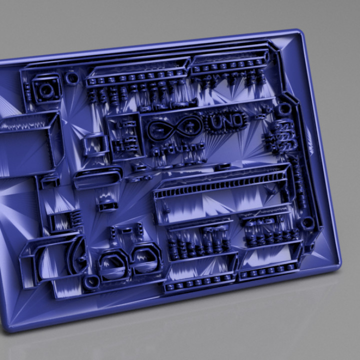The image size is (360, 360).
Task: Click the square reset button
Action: pyautogui.click(x=46, y=90)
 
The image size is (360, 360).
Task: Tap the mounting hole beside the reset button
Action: pyautogui.click(x=72, y=77)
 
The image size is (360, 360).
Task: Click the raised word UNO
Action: pyautogui.click(x=227, y=120)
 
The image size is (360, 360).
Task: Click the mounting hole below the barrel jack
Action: pyautogui.click(x=91, y=283)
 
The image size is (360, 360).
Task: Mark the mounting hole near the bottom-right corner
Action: pyautogui.click(x=308, y=222)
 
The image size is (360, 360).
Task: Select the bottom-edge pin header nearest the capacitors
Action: pyautogui.click(x=200, y=284)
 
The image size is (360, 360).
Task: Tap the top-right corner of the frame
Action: pyautogui.click(x=300, y=33)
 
